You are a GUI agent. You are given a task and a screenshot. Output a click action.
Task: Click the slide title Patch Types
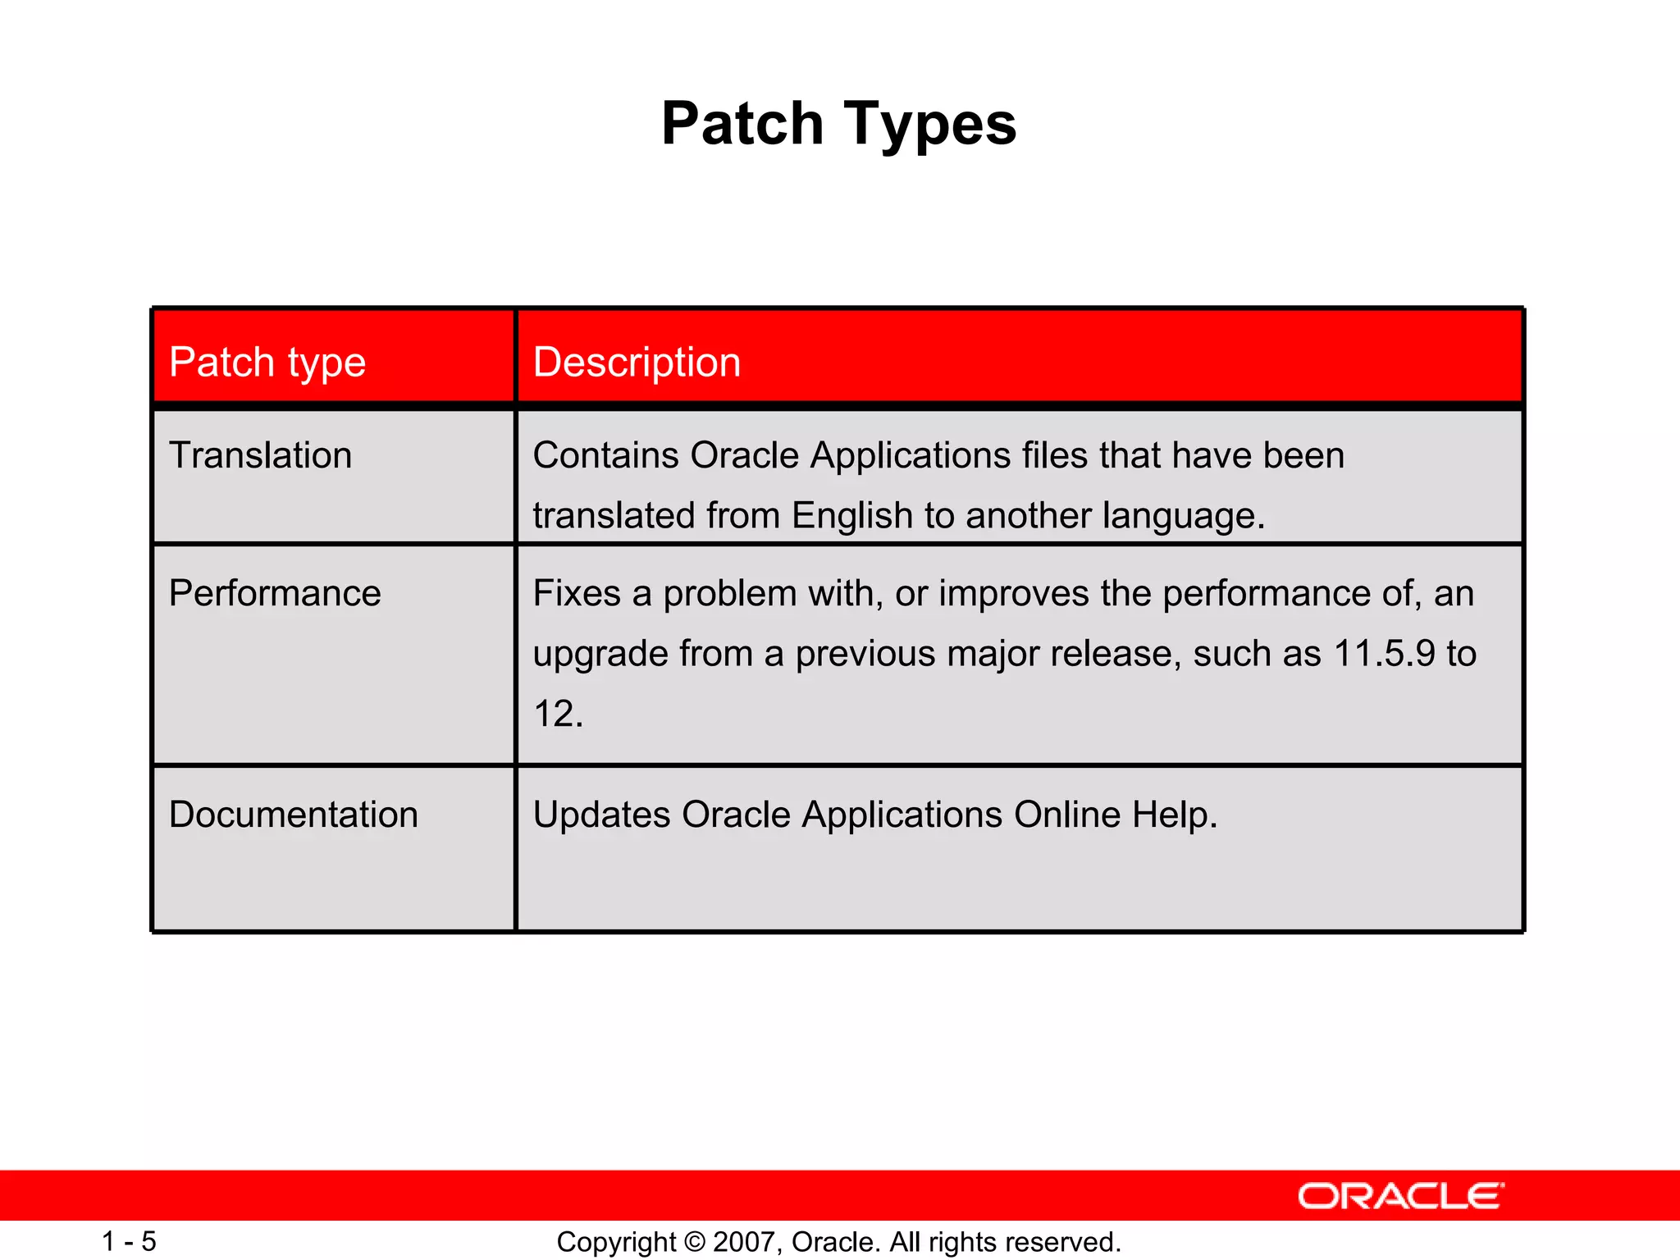coord(838,124)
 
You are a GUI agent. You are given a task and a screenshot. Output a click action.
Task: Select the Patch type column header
coord(267,363)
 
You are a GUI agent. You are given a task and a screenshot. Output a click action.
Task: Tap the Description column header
coord(637,363)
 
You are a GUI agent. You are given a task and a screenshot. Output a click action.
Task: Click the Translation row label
coord(260,455)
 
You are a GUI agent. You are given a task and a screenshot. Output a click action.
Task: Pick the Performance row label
coord(275,593)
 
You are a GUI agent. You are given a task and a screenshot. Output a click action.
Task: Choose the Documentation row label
coord(293,815)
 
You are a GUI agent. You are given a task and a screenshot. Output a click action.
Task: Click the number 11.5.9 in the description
coord(1385,654)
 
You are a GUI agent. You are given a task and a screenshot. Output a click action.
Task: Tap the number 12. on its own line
coord(558,714)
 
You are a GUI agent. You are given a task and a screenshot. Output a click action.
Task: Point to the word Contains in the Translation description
coord(605,455)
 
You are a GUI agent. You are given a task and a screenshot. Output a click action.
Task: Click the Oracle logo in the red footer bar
coord(1400,1197)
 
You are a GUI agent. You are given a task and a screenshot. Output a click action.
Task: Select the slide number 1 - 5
coord(129,1241)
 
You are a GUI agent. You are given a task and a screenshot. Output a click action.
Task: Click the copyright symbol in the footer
coord(695,1242)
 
